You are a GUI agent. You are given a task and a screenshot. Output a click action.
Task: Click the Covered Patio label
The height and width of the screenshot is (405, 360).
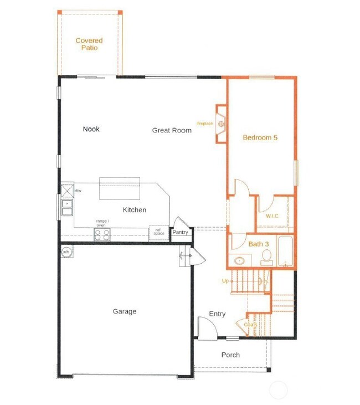click(89, 44)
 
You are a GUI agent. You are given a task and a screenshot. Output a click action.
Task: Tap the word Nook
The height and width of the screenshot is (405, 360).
click(91, 129)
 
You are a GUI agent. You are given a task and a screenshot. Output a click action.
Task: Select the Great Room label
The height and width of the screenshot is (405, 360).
click(172, 130)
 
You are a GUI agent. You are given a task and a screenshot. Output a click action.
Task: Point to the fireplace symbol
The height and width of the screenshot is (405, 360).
click(221, 124)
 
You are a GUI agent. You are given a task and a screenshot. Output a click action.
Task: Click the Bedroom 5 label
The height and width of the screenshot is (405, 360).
click(260, 137)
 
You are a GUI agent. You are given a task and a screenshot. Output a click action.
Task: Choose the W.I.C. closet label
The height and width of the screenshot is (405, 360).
click(272, 216)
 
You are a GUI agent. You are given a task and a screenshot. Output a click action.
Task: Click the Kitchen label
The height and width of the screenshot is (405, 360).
click(135, 210)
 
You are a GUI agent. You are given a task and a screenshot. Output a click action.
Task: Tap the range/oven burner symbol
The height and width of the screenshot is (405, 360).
click(102, 235)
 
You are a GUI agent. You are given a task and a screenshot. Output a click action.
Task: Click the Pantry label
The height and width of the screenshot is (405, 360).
click(180, 232)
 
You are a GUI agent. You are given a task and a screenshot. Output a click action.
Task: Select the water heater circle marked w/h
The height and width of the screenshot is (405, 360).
click(66, 252)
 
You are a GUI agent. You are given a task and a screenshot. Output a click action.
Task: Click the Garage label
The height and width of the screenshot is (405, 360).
click(125, 311)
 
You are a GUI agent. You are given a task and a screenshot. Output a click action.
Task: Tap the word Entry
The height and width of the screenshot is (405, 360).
click(217, 314)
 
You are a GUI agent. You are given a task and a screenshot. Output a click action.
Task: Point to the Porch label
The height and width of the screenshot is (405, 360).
click(230, 355)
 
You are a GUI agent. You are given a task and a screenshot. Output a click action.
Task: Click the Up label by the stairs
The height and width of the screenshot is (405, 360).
click(225, 281)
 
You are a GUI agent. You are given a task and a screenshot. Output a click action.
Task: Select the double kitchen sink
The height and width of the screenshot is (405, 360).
click(66, 207)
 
